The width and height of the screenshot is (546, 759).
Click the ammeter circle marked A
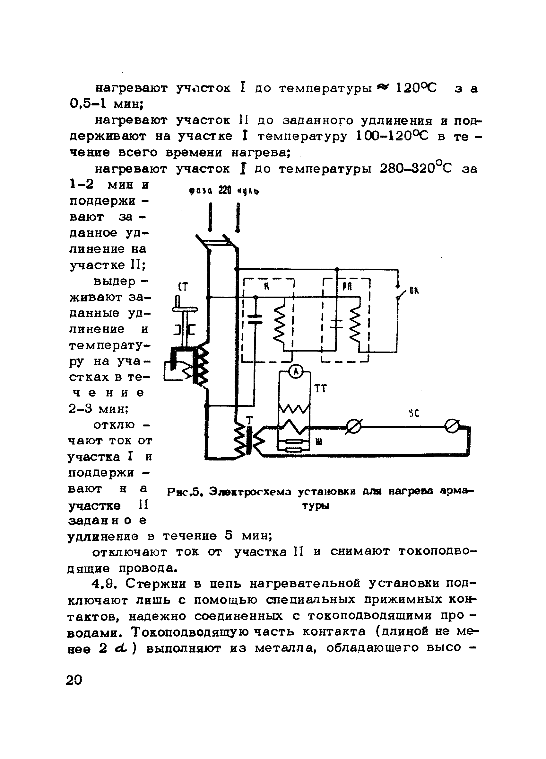pos(295,372)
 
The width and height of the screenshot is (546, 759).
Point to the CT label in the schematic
pos(183,287)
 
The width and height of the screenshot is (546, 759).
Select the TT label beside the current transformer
pos(320,388)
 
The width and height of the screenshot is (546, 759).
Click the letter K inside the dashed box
pos(266,287)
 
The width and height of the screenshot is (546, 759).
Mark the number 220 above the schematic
pos(225,190)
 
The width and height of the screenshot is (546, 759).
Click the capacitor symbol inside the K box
pos(255,319)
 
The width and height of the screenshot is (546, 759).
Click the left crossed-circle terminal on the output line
pos(354,427)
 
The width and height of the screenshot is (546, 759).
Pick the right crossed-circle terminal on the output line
pos(452,426)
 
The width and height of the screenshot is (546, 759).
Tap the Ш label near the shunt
pos(319,442)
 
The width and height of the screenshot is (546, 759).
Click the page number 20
pos(74,680)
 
